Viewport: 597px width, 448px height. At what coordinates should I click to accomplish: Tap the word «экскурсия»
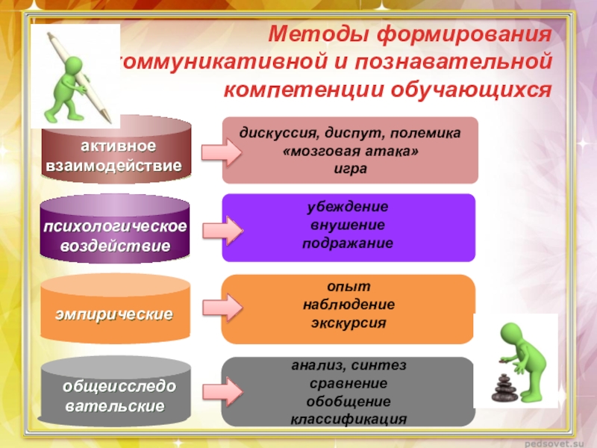[348, 323]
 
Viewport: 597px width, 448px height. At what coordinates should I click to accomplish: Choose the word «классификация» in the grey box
[349, 419]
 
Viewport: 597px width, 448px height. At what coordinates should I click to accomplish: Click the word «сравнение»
[348, 384]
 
